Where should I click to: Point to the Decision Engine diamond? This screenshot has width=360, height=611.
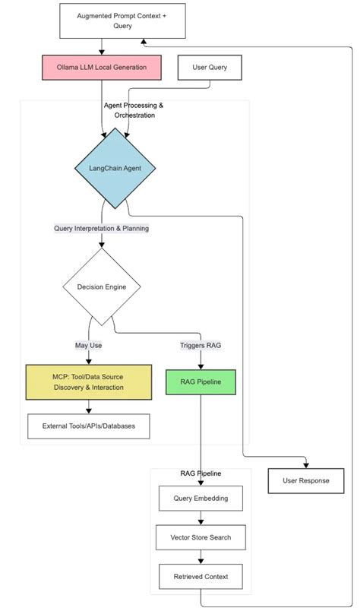pyautogui.click(x=101, y=287)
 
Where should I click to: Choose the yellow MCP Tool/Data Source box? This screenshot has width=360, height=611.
pyautogui.click(x=89, y=382)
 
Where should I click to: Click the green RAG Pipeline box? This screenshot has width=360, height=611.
pyautogui.click(x=201, y=382)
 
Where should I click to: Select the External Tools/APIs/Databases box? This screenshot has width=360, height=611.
pyautogui.click(x=89, y=426)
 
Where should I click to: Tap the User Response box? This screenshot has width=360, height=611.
pyautogui.click(x=306, y=481)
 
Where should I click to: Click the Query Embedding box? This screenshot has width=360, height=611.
pyautogui.click(x=201, y=499)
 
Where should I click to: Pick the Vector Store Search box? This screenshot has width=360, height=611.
pyautogui.click(x=201, y=538)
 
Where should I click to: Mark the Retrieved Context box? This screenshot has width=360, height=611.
pyautogui.click(x=201, y=577)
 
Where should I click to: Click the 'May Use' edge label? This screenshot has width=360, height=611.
pyautogui.click(x=89, y=345)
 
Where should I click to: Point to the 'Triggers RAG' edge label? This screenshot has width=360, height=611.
pyautogui.click(x=201, y=345)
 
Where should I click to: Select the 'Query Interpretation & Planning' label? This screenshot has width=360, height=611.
pyautogui.click(x=101, y=228)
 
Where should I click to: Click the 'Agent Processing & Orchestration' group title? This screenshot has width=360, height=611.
pyautogui.click(x=134, y=110)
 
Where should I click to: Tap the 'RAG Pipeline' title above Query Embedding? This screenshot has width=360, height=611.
pyautogui.click(x=201, y=473)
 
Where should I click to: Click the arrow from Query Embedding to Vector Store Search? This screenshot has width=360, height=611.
pyautogui.click(x=201, y=518)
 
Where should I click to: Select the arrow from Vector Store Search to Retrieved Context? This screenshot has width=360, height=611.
pyautogui.click(x=201, y=558)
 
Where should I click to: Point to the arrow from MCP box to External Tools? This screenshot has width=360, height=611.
pyautogui.click(x=89, y=407)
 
